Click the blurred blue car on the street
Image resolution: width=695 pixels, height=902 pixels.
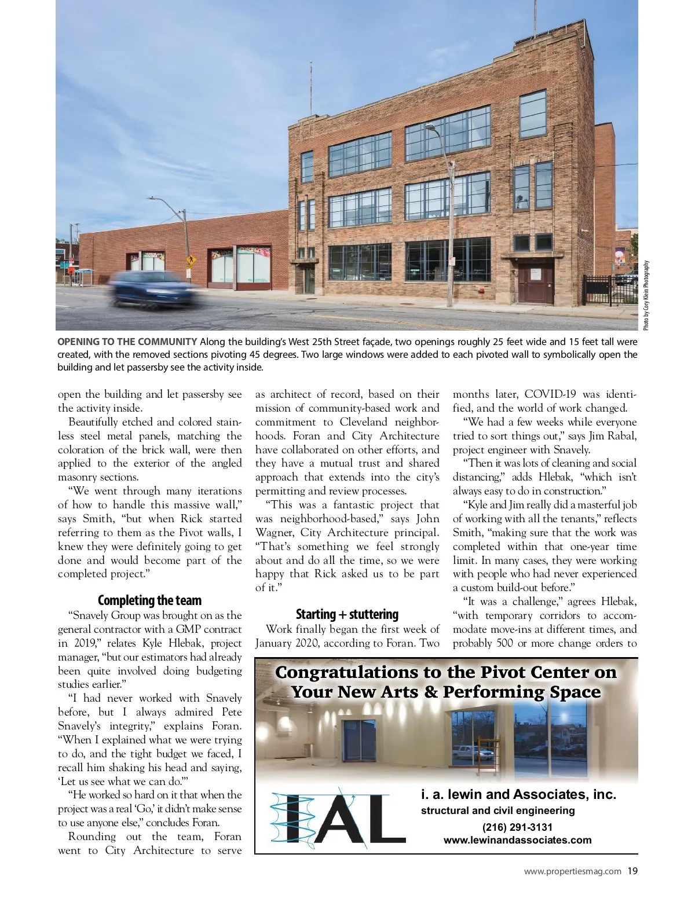154,288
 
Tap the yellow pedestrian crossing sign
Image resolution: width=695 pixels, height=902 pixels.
189,261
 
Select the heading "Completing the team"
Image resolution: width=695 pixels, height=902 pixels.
149,600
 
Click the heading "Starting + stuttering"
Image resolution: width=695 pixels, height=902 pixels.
347,614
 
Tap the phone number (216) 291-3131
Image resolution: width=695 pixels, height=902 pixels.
517,827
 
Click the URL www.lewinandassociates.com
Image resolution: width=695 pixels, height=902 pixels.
517,840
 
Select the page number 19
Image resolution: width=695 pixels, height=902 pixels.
632,871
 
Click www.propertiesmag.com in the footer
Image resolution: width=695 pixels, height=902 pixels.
572,871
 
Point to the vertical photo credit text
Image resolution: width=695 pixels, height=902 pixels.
646,295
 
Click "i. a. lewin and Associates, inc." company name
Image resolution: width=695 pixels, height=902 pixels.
518,794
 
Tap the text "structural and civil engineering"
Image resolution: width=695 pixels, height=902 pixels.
498,811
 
